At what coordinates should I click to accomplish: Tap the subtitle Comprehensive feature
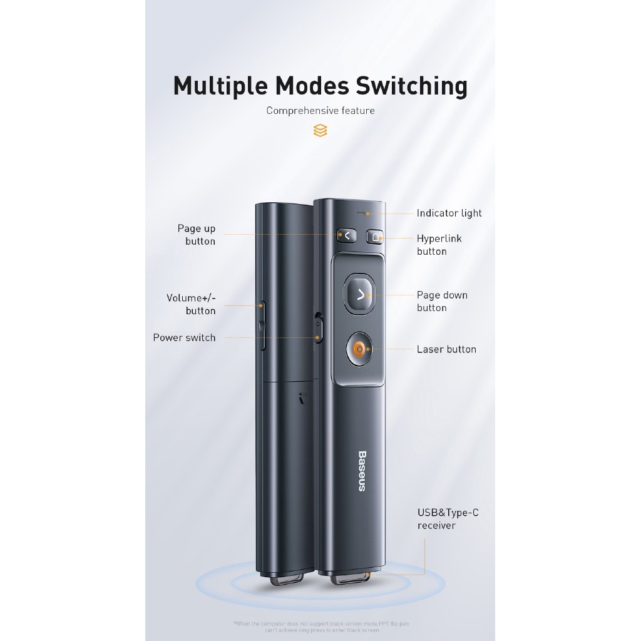320,111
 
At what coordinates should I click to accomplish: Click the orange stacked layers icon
320,131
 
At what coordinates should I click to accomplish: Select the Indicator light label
449,213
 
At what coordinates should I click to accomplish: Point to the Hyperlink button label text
439,245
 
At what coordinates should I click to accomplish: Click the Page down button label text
442,301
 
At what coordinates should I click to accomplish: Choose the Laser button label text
446,349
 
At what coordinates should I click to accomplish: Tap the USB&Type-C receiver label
448,519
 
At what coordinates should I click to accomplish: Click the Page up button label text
197,235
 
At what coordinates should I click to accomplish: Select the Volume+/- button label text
191,304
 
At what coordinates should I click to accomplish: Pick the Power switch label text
184,337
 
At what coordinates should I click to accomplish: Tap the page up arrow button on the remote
346,235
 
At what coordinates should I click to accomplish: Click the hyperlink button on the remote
374,237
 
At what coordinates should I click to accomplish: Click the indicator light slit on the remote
361,213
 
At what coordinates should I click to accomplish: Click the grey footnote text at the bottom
320,627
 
